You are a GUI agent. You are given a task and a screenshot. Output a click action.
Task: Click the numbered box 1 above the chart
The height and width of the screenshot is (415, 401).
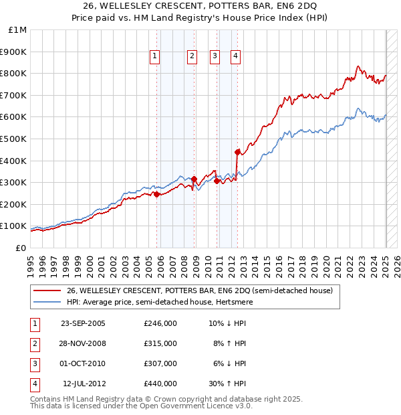(x=154, y=57)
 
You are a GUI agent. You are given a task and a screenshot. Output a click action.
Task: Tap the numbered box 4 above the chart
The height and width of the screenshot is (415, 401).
(x=236, y=57)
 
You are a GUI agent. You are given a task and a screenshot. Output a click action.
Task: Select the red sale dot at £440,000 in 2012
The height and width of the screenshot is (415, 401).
(x=237, y=151)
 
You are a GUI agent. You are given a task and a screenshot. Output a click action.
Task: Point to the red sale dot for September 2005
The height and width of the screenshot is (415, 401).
(x=156, y=194)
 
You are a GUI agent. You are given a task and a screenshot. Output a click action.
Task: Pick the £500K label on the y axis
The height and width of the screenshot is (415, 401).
(x=14, y=139)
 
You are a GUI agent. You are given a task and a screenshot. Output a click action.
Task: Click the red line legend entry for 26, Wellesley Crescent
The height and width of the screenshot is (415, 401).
(x=204, y=290)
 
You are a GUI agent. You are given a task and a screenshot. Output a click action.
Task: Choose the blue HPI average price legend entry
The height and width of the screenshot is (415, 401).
(x=176, y=302)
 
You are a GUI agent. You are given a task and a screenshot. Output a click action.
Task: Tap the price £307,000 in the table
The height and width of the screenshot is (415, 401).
(x=160, y=363)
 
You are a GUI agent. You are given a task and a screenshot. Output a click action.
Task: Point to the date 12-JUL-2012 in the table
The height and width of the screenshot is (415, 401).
(x=84, y=384)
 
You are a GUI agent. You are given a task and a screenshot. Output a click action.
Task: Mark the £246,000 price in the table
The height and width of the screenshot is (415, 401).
(x=160, y=323)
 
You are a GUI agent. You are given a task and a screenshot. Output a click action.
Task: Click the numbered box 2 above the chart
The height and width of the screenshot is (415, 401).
(x=192, y=57)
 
